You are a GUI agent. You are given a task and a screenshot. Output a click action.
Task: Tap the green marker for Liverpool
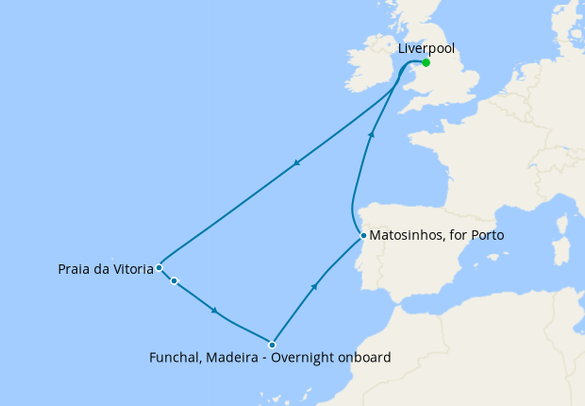[426, 63]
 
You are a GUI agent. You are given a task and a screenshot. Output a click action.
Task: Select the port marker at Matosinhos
[362, 235]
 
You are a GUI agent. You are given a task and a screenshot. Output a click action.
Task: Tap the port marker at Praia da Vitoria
[159, 268]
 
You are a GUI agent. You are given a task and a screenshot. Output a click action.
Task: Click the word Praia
[75, 269]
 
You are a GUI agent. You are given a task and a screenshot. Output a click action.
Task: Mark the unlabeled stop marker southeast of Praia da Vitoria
[175, 280]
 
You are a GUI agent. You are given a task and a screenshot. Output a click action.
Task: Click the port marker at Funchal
[272, 345]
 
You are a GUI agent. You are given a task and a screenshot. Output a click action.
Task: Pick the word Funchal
[175, 358]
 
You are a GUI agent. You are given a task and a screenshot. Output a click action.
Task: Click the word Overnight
[305, 358]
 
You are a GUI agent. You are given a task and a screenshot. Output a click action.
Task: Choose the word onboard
[365, 358]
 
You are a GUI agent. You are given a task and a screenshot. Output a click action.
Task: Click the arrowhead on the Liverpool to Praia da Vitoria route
[296, 163]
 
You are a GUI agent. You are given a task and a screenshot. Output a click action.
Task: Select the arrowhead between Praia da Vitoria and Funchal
[216, 311]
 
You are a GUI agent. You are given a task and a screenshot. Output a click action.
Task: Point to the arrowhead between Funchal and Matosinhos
[314, 285]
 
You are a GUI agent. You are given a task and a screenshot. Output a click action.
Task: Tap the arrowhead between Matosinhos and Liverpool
[372, 135]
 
